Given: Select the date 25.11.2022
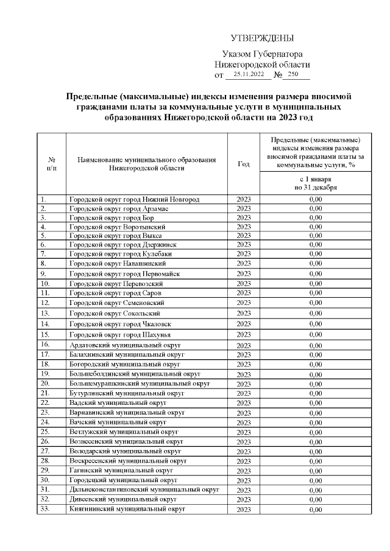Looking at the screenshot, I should [x=249, y=75].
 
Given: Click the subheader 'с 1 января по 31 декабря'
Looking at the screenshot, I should [x=315, y=184].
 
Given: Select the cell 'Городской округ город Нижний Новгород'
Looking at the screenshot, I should [x=134, y=200].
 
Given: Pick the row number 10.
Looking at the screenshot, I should [x=45, y=283].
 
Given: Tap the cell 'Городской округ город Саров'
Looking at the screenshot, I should [x=115, y=293].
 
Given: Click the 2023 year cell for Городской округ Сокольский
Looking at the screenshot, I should [x=243, y=314].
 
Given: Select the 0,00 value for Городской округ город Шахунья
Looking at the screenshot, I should [x=315, y=334].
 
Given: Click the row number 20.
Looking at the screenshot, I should [x=45, y=384].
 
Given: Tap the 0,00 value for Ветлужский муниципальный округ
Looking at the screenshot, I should [x=315, y=432].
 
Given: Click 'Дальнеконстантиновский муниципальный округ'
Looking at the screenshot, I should [x=144, y=490].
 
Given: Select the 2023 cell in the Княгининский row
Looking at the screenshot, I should [x=243, y=510].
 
